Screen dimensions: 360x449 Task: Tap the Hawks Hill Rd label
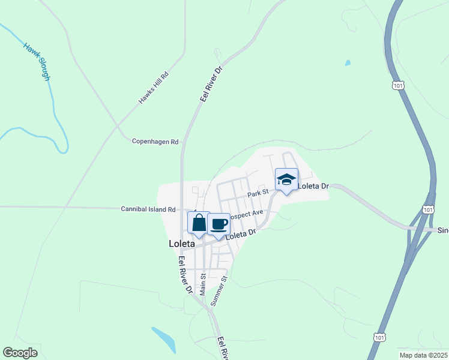[x=155, y=88]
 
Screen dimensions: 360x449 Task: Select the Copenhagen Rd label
[x=155, y=142]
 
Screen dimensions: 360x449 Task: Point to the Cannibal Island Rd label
[x=148, y=209]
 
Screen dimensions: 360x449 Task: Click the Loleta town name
[x=182, y=244]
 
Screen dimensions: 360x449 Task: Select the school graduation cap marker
[x=287, y=179]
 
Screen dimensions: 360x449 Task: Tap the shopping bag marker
[x=199, y=223]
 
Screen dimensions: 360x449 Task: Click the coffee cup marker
[x=219, y=225]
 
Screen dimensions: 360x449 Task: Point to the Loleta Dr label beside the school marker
[x=313, y=186]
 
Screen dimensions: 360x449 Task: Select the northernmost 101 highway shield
[x=399, y=86]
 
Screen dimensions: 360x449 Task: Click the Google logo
[x=20, y=353]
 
